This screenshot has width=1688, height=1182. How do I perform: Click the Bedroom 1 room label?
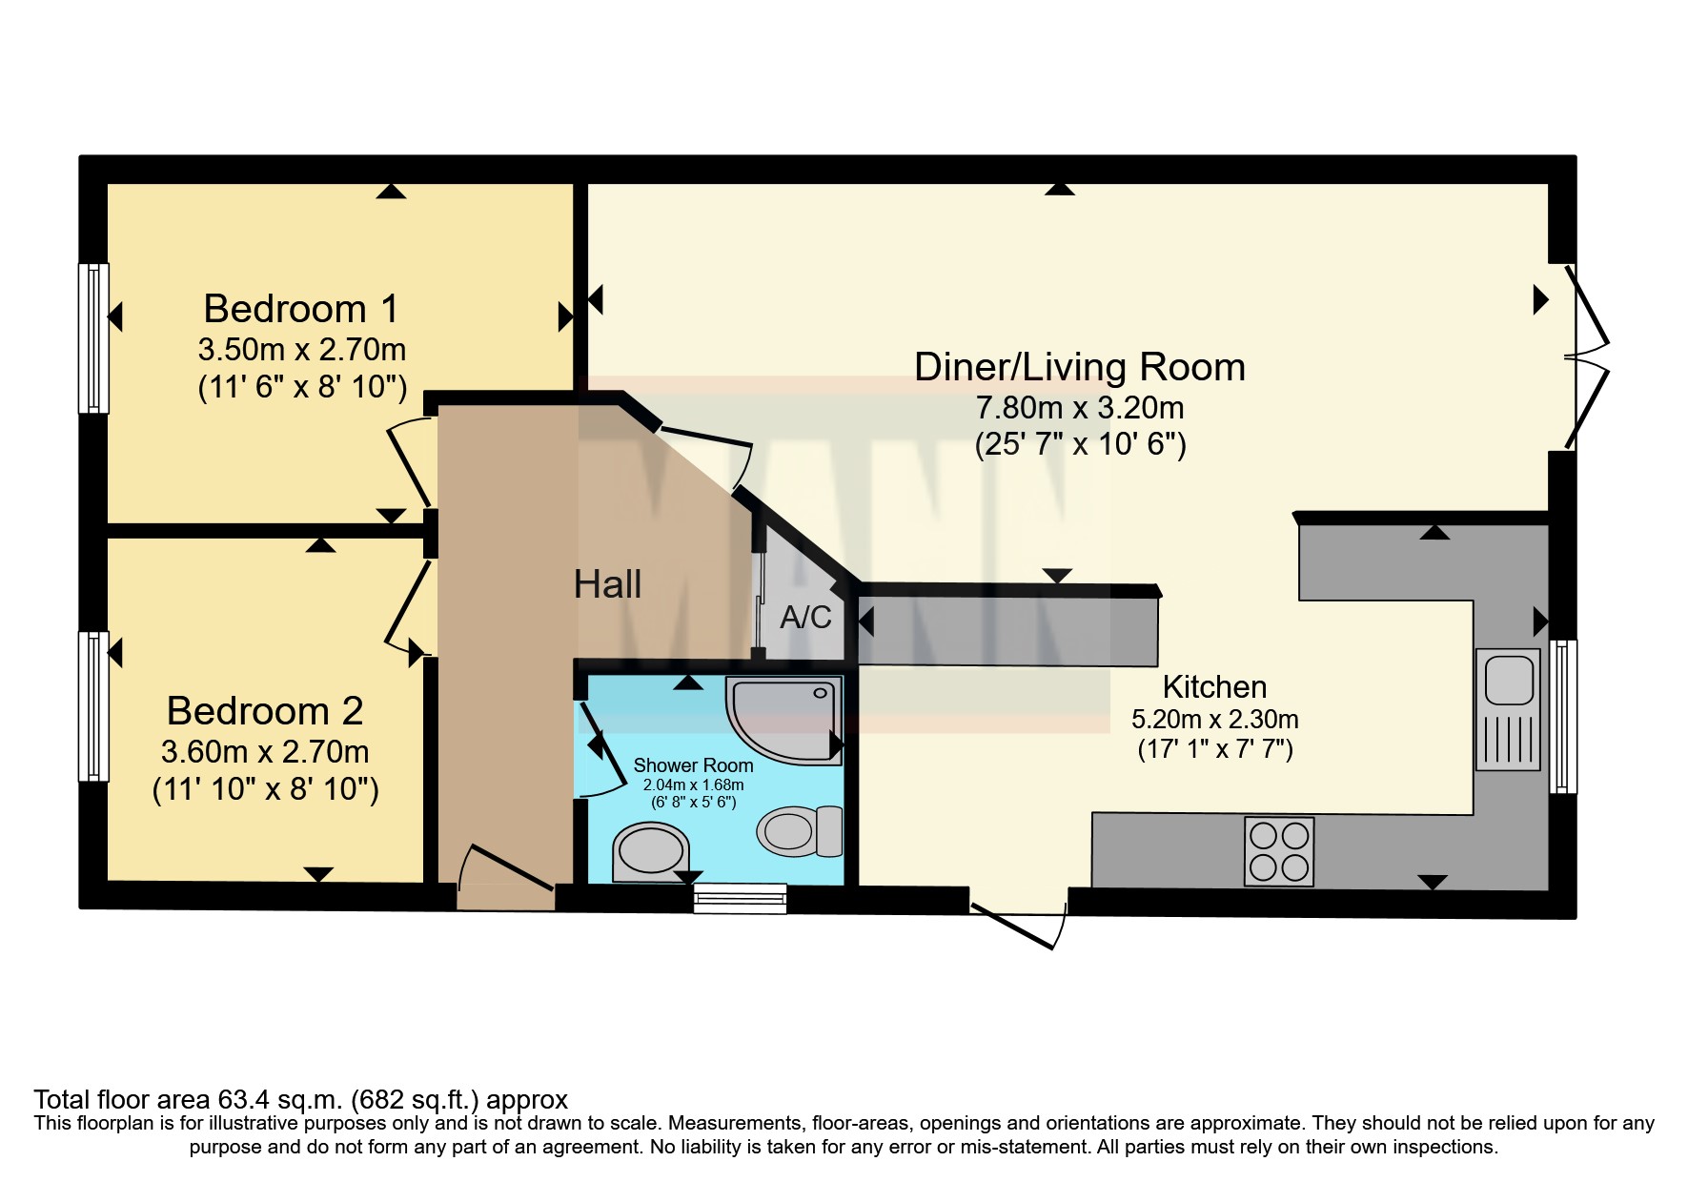[x=300, y=309]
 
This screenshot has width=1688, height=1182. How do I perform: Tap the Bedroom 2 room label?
[x=265, y=711]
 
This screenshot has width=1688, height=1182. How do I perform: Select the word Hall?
[x=607, y=584]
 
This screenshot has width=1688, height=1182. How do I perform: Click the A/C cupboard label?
[x=805, y=618]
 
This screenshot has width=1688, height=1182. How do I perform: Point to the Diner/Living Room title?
[x=1079, y=367]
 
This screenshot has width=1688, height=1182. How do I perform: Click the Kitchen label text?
[x=1214, y=686]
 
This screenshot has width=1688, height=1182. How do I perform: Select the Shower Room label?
[x=693, y=765]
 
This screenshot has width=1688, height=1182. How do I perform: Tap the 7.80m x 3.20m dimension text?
[x=1079, y=408]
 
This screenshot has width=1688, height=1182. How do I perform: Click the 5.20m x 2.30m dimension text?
[x=1214, y=719]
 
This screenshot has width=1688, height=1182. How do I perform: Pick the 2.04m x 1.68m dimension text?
[x=693, y=785]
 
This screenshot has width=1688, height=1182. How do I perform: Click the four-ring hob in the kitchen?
[x=1279, y=851]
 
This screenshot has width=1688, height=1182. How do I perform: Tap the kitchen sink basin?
[x=1506, y=679]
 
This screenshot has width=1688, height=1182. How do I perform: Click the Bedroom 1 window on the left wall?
[x=92, y=338]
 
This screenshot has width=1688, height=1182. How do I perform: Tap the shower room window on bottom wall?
[x=740, y=898]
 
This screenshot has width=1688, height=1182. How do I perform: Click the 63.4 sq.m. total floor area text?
[x=300, y=1100]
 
